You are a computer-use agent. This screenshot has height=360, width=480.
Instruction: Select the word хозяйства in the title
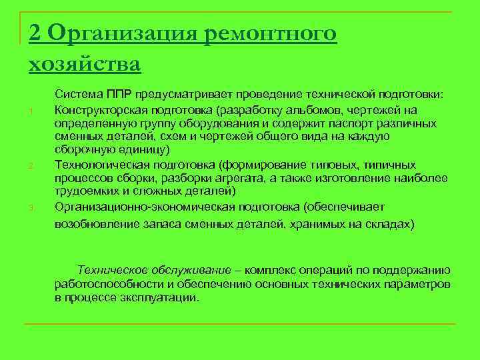(85, 65)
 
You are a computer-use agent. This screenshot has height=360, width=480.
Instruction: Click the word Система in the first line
(76, 95)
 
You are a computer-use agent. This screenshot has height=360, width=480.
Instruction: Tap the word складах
(389, 224)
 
